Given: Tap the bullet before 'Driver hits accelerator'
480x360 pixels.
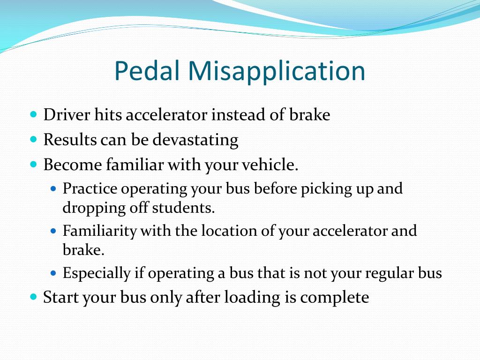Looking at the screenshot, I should tap(33, 114).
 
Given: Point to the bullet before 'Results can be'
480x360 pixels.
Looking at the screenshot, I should tap(33, 139).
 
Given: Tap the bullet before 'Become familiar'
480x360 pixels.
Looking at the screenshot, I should tap(33, 164).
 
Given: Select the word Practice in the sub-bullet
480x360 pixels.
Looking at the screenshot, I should tap(90, 189).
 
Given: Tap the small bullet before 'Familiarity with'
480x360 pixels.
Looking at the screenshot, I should tap(53, 231).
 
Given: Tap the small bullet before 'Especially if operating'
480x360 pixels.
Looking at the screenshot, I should tap(53, 272).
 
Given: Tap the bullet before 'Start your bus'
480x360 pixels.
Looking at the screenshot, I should tap(33, 297).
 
